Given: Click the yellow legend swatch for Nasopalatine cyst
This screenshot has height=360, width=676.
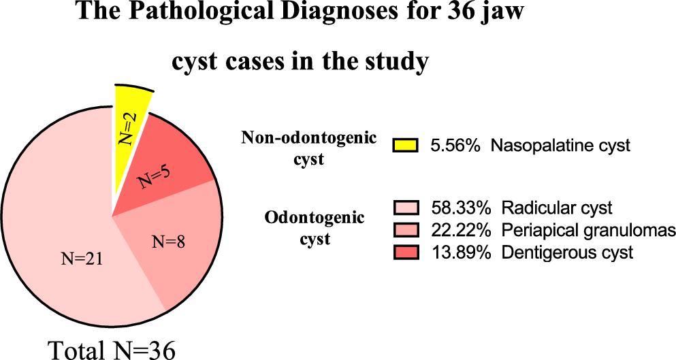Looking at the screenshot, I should click(x=407, y=145).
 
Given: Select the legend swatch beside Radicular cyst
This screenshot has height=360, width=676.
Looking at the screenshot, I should click(x=407, y=207).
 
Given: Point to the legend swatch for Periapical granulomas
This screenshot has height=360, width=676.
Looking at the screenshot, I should click(x=407, y=230).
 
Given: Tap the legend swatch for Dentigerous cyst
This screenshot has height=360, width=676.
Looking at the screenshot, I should click(x=407, y=252).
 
